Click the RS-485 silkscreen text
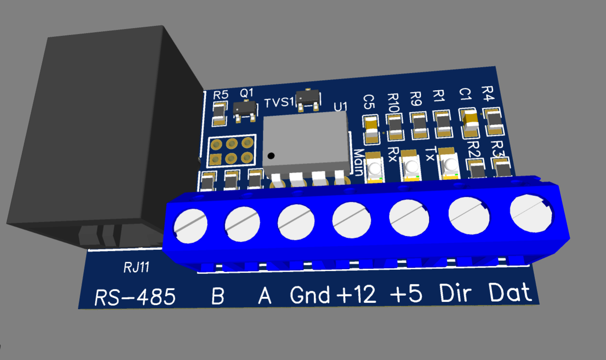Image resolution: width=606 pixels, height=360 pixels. (x=135, y=297)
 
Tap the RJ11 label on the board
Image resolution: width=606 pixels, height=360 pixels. (x=136, y=268)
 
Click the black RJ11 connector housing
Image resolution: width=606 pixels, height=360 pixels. (x=103, y=135)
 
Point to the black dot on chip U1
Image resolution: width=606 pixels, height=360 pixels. (x=271, y=156)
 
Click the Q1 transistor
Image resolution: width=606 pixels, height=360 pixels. (x=245, y=110)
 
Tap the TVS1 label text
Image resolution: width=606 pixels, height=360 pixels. (x=279, y=102)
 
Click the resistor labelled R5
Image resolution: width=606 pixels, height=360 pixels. (x=219, y=114)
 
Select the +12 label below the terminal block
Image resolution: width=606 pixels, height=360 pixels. (x=356, y=294)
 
